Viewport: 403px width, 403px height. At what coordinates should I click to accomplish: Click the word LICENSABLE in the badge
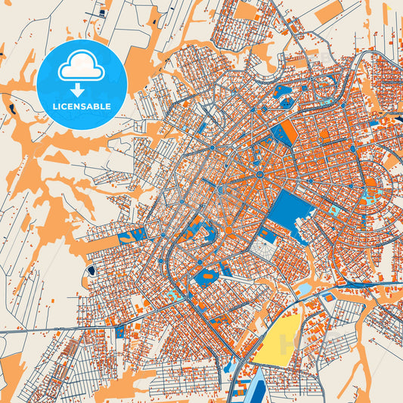(x=81, y=106)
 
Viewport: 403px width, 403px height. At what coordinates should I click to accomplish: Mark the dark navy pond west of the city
(x=91, y=269)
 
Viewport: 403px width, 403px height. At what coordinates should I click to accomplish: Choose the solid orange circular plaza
(x=228, y=229)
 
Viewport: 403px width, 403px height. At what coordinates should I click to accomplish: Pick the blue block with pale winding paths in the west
(x=133, y=237)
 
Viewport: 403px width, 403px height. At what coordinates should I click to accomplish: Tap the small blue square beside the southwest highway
(x=119, y=330)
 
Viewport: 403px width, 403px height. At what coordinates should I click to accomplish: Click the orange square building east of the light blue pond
(x=330, y=297)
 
